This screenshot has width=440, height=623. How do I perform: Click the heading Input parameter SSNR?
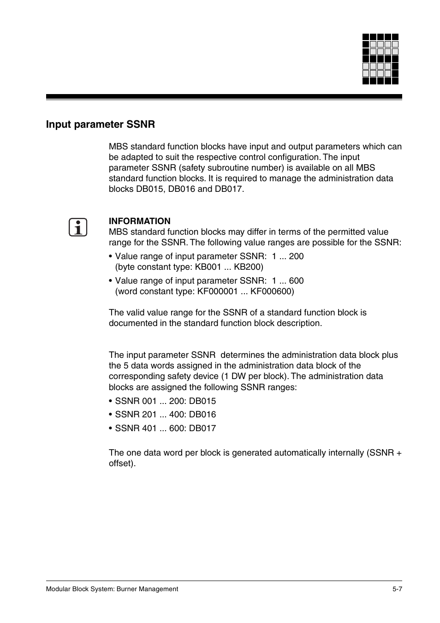pos(100,125)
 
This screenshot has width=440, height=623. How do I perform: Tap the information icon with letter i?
pos(78,228)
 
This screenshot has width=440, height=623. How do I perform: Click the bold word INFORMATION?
pos(139,221)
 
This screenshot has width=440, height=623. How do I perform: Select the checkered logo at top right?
pos(380,59)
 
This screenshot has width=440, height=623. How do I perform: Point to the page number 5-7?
pos(397,589)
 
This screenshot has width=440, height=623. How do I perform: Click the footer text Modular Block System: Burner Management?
pos(112,589)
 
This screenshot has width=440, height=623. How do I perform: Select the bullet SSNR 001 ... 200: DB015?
pos(165,401)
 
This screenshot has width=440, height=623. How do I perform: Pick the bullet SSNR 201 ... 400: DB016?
pos(165,415)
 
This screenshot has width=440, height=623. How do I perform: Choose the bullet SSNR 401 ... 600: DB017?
pos(165,428)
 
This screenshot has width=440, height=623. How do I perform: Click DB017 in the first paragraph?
pos(228,189)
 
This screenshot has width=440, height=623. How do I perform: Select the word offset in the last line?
pos(121,463)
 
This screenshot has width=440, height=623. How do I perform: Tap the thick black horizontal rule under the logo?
pos(224,97)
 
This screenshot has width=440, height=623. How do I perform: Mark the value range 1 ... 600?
pos(287,281)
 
